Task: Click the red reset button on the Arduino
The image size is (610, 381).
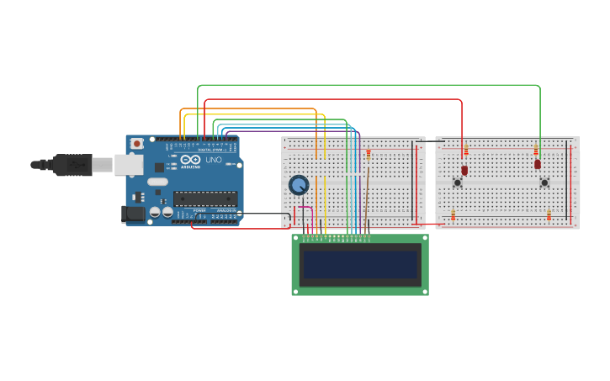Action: click(137, 145)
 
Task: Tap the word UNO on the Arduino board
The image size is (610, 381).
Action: click(214, 160)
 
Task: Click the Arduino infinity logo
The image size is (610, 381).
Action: click(191, 159)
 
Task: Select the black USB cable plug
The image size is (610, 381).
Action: click(72, 165)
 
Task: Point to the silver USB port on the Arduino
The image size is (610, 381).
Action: click(128, 164)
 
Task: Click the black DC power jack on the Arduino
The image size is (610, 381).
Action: click(133, 214)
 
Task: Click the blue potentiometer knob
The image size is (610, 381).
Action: click(299, 185)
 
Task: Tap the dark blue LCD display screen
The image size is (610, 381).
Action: click(360, 265)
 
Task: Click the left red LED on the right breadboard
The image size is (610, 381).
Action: click(464, 170)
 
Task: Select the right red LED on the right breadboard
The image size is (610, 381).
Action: click(538, 164)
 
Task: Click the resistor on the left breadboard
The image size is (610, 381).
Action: click(368, 154)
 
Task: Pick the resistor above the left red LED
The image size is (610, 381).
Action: click(466, 150)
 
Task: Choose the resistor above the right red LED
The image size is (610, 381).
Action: click(536, 150)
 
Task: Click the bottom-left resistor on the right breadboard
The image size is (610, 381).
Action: click(453, 215)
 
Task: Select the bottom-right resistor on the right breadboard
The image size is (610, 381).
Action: click(549, 215)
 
